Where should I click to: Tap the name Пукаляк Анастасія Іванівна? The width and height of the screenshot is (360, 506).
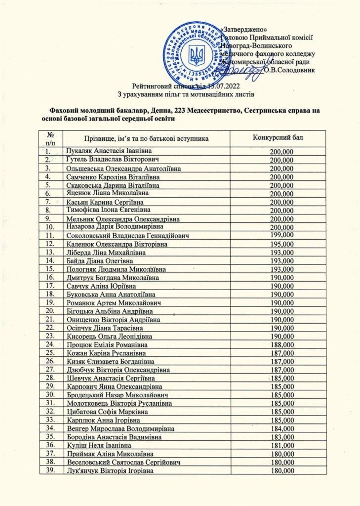pos(109,150)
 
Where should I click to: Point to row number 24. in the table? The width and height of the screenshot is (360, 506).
pos(49,344)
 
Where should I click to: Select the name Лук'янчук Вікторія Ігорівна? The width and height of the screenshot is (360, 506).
pos(109,471)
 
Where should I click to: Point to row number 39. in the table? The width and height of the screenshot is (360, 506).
pos(49,471)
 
